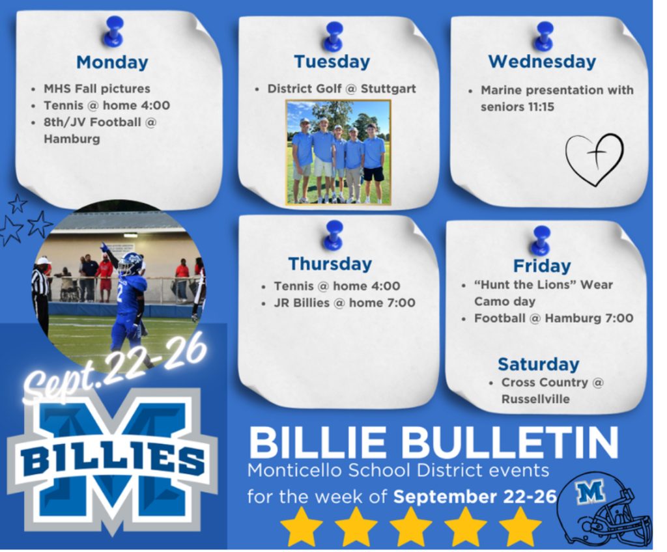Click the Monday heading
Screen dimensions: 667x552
tap(112, 62)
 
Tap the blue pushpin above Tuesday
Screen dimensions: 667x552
tap(333, 36)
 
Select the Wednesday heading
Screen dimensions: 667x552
tap(542, 62)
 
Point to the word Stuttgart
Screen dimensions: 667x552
tap(388, 89)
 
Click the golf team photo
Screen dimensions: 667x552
tap(338, 152)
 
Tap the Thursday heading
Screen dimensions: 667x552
tap(330, 264)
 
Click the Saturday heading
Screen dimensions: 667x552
tap(539, 365)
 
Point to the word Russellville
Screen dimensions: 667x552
tap(535, 399)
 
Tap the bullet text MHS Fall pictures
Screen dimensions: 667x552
tap(97, 89)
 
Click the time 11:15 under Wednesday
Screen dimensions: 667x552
tap(541, 107)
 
